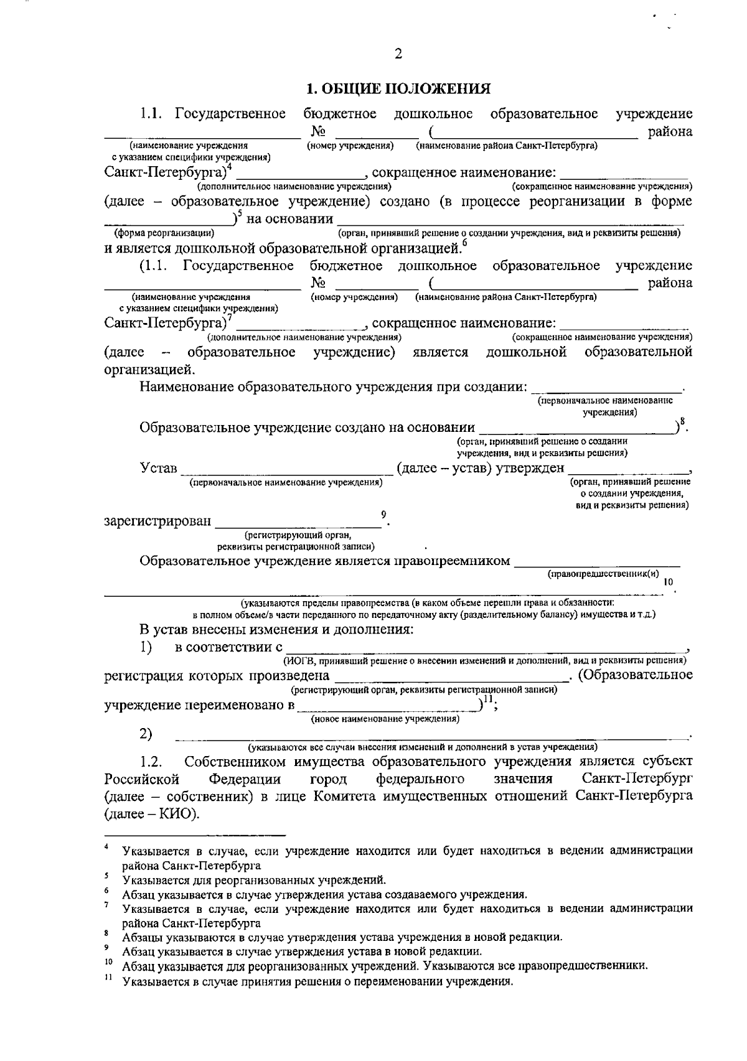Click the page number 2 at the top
click(398, 54)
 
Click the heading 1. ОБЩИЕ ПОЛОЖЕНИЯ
click(398, 89)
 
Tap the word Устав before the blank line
click(159, 468)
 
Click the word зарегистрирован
click(157, 521)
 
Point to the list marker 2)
click(146, 734)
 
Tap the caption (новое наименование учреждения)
click(385, 719)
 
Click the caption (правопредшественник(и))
click(603, 574)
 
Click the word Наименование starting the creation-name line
click(192, 387)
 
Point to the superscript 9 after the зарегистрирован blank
click(383, 513)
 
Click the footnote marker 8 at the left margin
click(107, 933)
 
